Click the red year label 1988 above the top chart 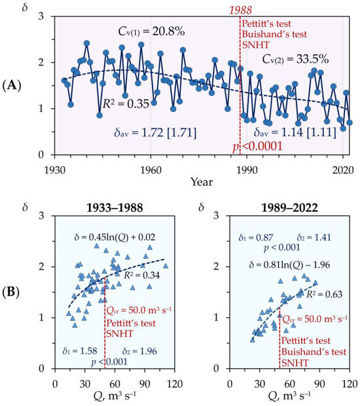[240, 10]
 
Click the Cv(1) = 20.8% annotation [152, 31]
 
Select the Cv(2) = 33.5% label [295, 59]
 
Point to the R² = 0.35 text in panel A [126, 103]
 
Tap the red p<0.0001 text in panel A [257, 146]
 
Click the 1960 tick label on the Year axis [151, 171]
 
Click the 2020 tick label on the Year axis [343, 171]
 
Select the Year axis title [202, 182]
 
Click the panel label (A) [11, 86]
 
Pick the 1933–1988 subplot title [115, 208]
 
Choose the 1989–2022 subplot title [289, 208]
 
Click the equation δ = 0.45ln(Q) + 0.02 [115, 237]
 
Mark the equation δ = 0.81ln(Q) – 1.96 [289, 265]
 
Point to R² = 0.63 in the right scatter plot [324, 294]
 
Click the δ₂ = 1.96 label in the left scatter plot [139, 351]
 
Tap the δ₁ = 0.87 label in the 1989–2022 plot [256, 237]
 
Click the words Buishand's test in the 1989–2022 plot [314, 352]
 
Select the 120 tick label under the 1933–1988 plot [175, 384]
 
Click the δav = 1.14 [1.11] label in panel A [295, 132]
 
